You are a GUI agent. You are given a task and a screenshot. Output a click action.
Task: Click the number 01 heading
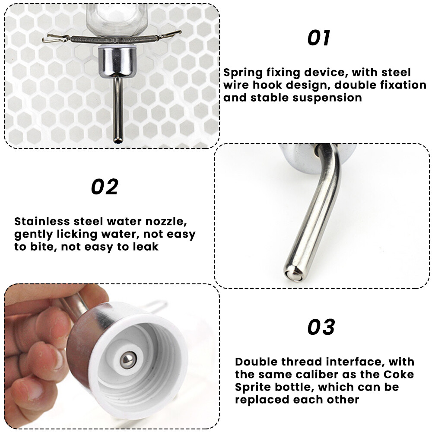coord(319,38)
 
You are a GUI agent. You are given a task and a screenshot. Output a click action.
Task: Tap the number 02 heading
coord(105,187)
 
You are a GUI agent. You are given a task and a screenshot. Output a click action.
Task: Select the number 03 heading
coord(321,327)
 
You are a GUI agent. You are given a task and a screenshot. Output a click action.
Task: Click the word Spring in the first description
coord(243,73)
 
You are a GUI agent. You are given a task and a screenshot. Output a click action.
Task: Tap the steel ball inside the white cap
coord(127,359)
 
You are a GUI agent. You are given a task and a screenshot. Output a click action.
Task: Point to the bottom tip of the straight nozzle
coord(117,141)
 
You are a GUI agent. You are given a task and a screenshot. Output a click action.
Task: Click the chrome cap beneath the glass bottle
coord(118,61)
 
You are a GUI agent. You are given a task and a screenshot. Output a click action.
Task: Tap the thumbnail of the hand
coord(59,359)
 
